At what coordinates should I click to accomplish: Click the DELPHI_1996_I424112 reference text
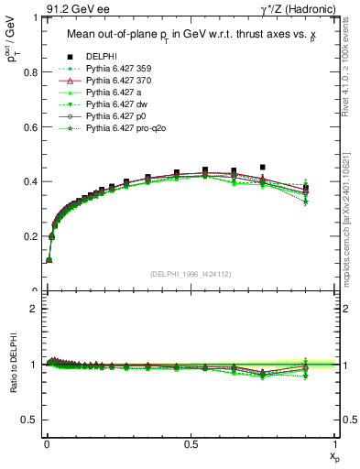[191, 274]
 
